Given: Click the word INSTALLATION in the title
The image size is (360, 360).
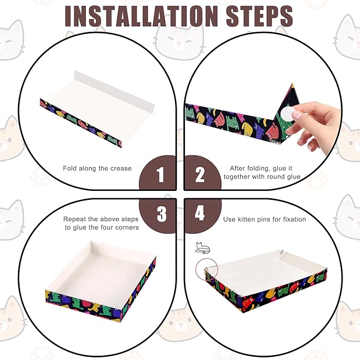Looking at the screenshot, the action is tap(141, 16).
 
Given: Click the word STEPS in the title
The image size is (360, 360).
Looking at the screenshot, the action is tap(259, 16).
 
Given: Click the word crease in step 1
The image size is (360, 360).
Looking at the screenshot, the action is tap(121, 169).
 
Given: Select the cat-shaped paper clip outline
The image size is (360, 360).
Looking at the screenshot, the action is tap(203, 248).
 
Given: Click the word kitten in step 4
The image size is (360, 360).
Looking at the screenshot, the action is tap(247, 219).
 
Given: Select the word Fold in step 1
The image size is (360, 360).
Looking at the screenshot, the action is tap(70, 169).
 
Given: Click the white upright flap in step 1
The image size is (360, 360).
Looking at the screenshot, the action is tap(114, 91).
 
